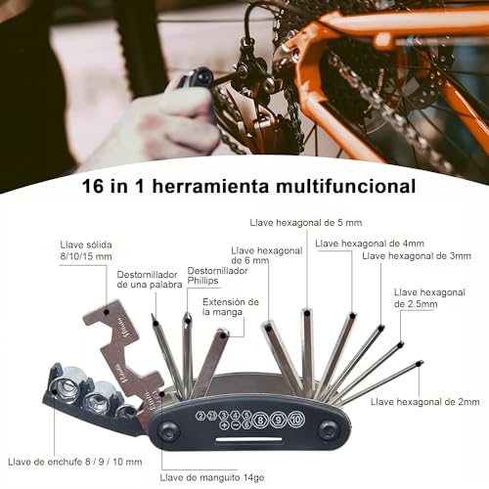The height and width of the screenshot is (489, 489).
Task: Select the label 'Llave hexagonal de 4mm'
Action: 370,243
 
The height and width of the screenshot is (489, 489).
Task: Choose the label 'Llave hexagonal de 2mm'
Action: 424,402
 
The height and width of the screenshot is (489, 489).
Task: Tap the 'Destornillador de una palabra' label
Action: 150,282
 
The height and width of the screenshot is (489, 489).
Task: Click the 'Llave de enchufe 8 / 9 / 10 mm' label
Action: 74,461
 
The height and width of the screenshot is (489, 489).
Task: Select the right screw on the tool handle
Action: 329,428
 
